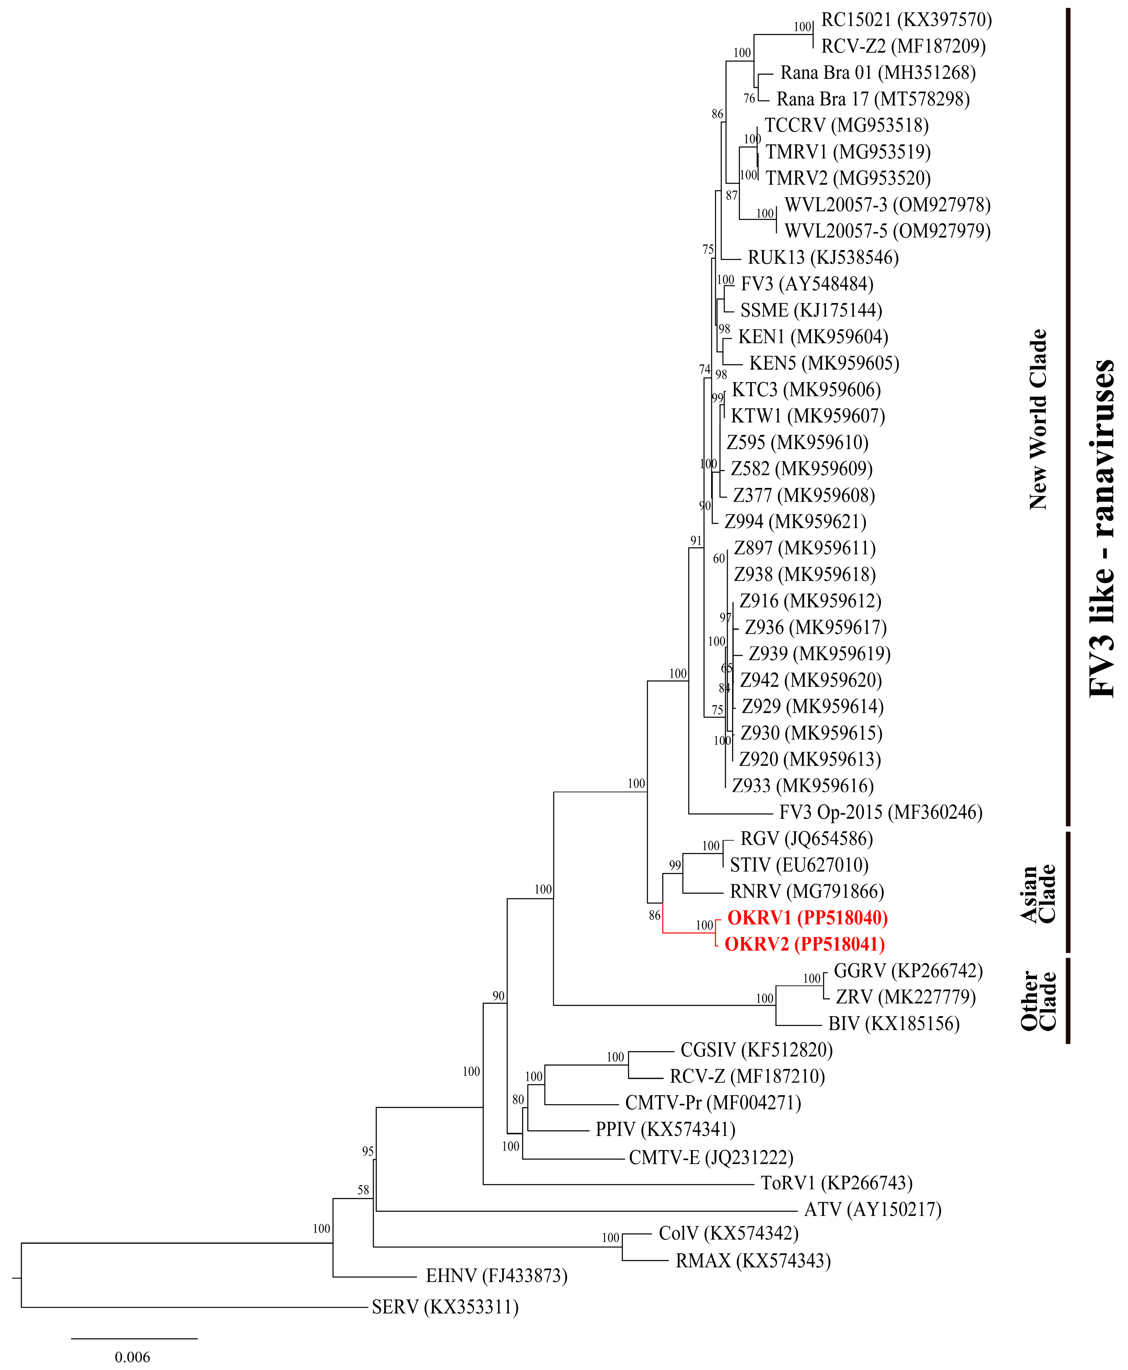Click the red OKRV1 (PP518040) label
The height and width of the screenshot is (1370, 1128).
(807, 918)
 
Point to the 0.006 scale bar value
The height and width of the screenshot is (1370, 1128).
(132, 1357)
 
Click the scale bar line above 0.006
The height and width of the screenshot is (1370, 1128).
(134, 1338)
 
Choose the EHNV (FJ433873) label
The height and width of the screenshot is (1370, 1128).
(496, 1276)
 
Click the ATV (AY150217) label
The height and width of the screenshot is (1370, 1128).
(873, 1210)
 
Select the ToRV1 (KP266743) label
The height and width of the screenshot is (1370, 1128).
(837, 1183)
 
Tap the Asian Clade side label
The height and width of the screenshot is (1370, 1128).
(1038, 894)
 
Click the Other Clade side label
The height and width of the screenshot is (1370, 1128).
(1038, 1001)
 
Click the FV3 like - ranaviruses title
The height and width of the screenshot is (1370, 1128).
(1102, 529)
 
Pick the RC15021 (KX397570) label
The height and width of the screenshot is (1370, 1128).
(907, 20)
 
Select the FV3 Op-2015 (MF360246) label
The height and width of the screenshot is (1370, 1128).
(880, 812)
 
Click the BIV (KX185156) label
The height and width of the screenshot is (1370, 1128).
(893, 1024)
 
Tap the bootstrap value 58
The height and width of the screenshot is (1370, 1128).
(363, 1190)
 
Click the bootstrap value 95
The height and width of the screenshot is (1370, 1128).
(368, 1151)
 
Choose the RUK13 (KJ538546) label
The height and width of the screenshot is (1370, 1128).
(823, 258)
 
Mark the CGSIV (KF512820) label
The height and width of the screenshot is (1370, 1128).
(756, 1050)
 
